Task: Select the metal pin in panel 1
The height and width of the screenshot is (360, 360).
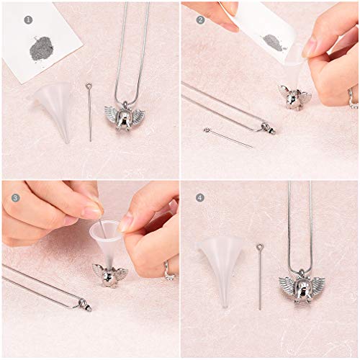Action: [x=91, y=112]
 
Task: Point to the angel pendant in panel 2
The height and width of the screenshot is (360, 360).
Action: [x=294, y=95]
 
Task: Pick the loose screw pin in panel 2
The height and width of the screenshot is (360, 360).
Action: [x=227, y=137]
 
